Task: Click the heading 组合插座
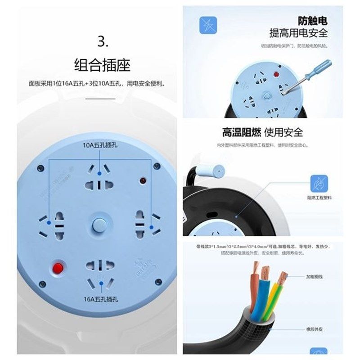pyautogui.click(x=102, y=64)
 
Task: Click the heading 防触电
pyautogui.click(x=312, y=20)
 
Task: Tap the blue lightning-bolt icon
pyautogui.click(x=208, y=26)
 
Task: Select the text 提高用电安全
pyautogui.click(x=298, y=33)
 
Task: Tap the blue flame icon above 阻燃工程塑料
pyautogui.click(x=319, y=183)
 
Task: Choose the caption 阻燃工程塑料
pyautogui.click(x=319, y=197)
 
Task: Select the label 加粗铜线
pyautogui.click(x=315, y=277)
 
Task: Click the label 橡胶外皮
pyautogui.click(x=315, y=329)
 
